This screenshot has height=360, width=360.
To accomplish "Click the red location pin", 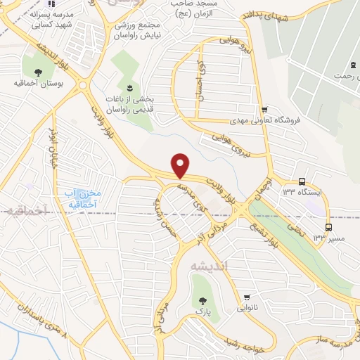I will tap(181, 165).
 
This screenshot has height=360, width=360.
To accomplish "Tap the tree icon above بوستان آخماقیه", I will tap(37, 71).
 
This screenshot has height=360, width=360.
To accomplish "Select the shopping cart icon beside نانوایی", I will tap(247, 297).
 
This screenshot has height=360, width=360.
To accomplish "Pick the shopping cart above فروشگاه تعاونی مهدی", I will tap(264, 109).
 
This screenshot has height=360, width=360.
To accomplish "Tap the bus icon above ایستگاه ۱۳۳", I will tap(302, 181).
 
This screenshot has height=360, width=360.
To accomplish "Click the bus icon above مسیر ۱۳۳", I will tap(328, 227).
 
